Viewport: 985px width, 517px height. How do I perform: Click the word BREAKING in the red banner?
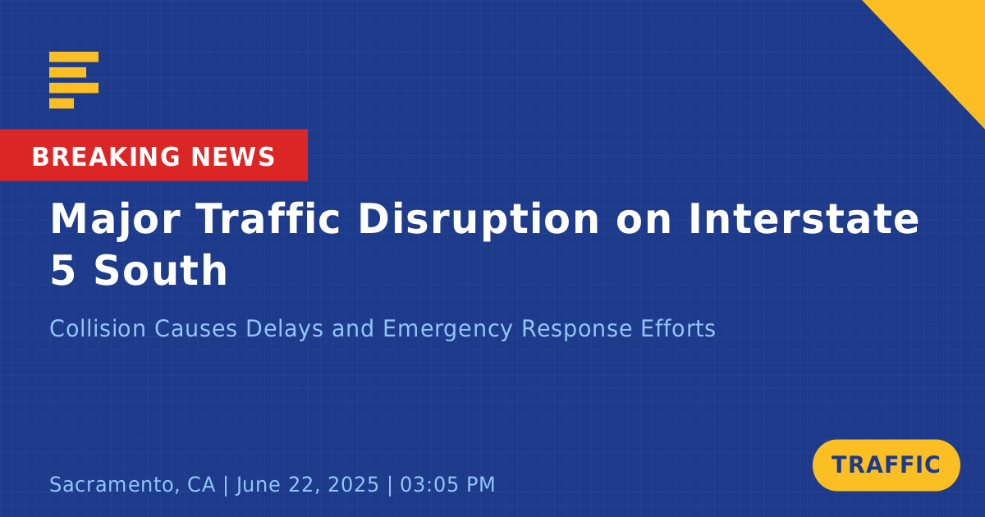[x=106, y=157]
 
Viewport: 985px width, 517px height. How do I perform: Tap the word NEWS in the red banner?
[x=233, y=157]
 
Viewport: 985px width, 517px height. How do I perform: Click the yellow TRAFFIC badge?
[x=886, y=464]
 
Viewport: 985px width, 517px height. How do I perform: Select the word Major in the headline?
[x=115, y=221]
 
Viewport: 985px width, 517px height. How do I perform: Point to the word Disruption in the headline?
[x=479, y=221]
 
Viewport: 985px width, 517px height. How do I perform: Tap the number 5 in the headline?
[x=62, y=270]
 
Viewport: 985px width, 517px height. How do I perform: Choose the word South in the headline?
[x=161, y=270]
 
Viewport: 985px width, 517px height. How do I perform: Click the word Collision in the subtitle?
[x=98, y=328]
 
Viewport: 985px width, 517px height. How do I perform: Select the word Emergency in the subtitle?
[x=447, y=329]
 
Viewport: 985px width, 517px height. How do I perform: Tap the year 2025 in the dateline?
[x=353, y=484]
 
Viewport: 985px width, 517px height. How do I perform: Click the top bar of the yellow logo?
[x=74, y=57]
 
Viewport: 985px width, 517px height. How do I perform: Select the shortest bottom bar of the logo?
[x=62, y=103]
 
